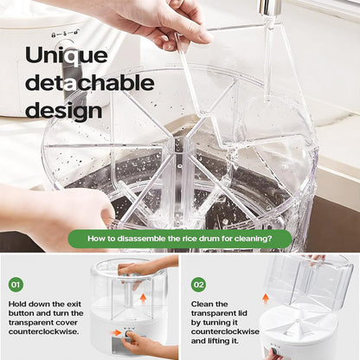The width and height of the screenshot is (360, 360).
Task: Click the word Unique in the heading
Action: coord(67,55)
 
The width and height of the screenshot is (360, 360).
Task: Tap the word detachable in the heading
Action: coord(90,83)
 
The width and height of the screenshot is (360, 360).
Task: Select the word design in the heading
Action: coord(64,110)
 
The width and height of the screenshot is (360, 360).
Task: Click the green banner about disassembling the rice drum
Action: coord(180,239)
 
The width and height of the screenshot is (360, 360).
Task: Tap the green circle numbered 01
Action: coord(16,285)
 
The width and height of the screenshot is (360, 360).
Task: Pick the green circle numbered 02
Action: coord(198,285)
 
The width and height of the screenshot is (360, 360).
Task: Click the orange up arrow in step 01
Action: coord(143,299)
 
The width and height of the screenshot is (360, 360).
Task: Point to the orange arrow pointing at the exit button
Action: coord(116,332)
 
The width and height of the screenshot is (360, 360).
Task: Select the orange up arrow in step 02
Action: coord(266,299)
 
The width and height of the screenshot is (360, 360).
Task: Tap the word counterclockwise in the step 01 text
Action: coord(43,331)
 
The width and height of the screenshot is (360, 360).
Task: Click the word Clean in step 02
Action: coord(202,304)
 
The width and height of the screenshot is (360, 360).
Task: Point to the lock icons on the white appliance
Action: coord(64,34)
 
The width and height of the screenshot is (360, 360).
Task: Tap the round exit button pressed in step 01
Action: coord(127,334)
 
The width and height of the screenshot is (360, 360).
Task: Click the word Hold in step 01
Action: coord(17,304)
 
